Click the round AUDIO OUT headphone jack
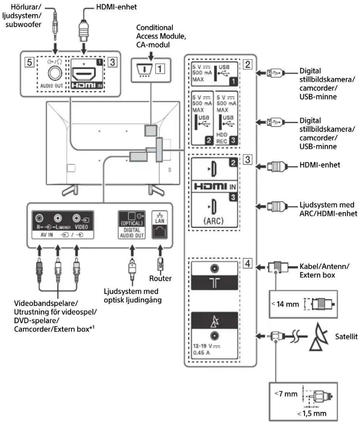coord(55,73)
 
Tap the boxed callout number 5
coord(30,62)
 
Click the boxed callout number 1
coord(160,69)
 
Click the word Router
coord(160,278)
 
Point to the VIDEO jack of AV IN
coord(77,218)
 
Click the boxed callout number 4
coord(247,263)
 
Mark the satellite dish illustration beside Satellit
coord(319,337)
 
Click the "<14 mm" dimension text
coord(285,304)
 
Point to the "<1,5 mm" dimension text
coord(312,413)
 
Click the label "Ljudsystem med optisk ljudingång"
coord(133,296)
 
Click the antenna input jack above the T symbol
coord(214,268)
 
